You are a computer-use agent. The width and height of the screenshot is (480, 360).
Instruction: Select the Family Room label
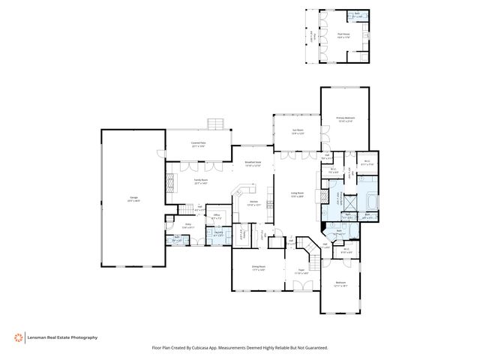(x=201, y=181)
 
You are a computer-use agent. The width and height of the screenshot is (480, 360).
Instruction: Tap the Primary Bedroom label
(x=345, y=118)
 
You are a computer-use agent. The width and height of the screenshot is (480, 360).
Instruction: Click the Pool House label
(x=344, y=34)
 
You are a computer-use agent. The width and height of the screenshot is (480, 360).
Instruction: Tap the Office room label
(x=216, y=215)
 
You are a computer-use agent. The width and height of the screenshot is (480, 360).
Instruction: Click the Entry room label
(x=189, y=225)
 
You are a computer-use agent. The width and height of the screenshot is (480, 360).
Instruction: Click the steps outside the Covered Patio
(x=216, y=122)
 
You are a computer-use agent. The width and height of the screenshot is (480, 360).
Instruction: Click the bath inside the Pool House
(x=357, y=15)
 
